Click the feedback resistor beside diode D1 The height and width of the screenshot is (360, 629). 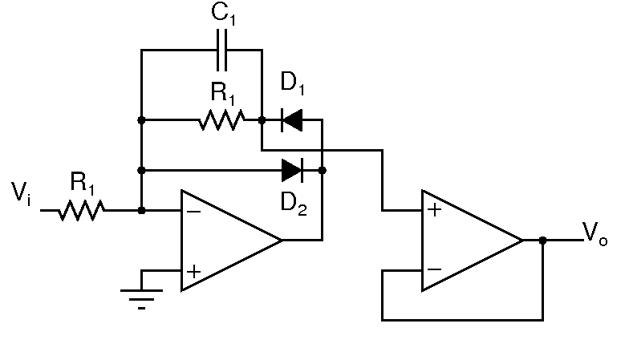click(x=221, y=121)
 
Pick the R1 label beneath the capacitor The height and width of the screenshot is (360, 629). click(x=223, y=94)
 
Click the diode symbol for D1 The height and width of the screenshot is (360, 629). click(x=291, y=121)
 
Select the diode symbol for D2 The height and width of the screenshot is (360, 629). click(x=291, y=170)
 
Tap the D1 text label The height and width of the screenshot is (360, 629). click(x=293, y=83)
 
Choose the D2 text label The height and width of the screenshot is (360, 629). click(x=294, y=203)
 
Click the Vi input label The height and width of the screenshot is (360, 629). click(x=22, y=192)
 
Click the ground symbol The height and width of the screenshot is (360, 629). click(x=141, y=296)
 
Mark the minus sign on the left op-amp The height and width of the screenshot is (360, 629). click(x=193, y=212)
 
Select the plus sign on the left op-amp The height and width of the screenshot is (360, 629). click(x=193, y=271)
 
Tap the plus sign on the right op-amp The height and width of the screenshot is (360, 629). click(x=434, y=211)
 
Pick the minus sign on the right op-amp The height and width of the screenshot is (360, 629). click(x=434, y=270)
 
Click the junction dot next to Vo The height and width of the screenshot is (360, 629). click(x=543, y=241)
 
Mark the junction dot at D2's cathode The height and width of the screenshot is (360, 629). click(x=322, y=170)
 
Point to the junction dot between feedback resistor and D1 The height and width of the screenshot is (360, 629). click(x=262, y=121)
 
